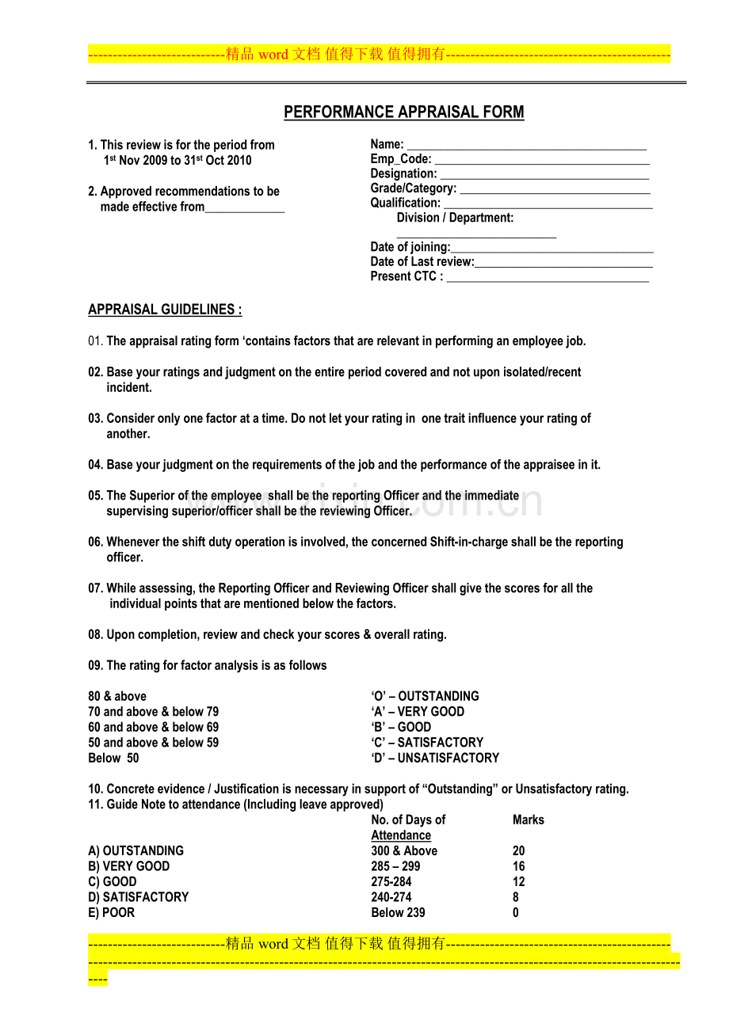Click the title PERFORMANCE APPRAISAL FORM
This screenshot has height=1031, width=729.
[x=403, y=112]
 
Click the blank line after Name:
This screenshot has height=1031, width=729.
[x=526, y=146]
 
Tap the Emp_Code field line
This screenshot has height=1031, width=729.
[x=541, y=161]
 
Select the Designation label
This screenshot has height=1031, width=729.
[x=403, y=174]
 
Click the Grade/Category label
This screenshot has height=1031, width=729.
[x=413, y=188]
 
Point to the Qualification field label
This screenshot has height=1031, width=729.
[x=405, y=204]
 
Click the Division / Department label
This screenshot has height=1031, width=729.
[x=455, y=218]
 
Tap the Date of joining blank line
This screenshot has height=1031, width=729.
[x=552, y=249]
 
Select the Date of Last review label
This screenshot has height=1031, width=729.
[x=422, y=262]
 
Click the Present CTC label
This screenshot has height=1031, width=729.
[x=406, y=277]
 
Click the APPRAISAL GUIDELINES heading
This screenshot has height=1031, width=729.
[x=165, y=310]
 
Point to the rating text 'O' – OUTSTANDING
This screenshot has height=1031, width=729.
[x=425, y=697]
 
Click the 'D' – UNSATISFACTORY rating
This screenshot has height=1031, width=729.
[x=434, y=759]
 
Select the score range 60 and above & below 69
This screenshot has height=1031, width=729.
[x=153, y=728]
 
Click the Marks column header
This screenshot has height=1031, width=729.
[x=528, y=820]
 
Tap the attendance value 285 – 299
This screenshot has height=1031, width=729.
[x=395, y=866]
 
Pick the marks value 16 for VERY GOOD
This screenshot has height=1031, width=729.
[x=518, y=866]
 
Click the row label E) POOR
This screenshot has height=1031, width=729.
[x=112, y=913]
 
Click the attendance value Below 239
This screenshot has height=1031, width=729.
[x=398, y=913]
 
